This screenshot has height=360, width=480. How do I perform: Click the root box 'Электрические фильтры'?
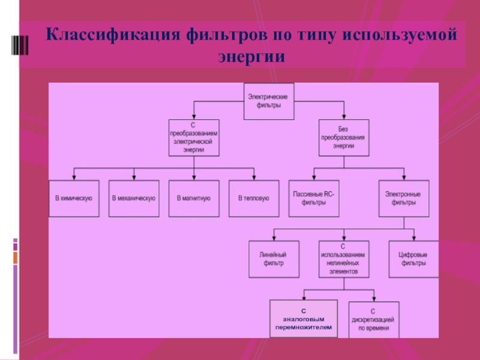[269, 101]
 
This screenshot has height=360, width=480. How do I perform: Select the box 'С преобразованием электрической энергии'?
[194, 138]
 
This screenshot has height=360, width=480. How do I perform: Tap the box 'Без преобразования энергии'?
[344, 138]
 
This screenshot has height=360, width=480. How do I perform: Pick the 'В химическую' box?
[74, 199]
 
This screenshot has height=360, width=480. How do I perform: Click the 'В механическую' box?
[134, 199]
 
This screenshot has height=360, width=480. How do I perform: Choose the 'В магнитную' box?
[194, 199]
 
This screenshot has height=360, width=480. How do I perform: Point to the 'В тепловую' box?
[254, 199]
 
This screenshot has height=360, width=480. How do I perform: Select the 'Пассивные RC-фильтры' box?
[314, 199]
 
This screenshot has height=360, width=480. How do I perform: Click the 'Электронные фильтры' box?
[404, 199]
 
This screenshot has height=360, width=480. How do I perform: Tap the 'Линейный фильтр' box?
[274, 259]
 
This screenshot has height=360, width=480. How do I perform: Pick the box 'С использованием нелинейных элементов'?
[344, 259]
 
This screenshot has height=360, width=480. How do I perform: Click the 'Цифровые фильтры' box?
[413, 259]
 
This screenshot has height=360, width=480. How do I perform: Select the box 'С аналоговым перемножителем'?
[304, 319]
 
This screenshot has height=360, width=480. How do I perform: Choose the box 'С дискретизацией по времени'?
[374, 320]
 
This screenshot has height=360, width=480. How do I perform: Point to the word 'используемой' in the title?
[400, 35]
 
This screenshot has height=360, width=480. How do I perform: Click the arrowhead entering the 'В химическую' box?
[74, 178]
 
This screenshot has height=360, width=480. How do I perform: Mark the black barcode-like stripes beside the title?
[20, 46]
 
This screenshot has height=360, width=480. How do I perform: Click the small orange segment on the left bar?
[16, 258]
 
